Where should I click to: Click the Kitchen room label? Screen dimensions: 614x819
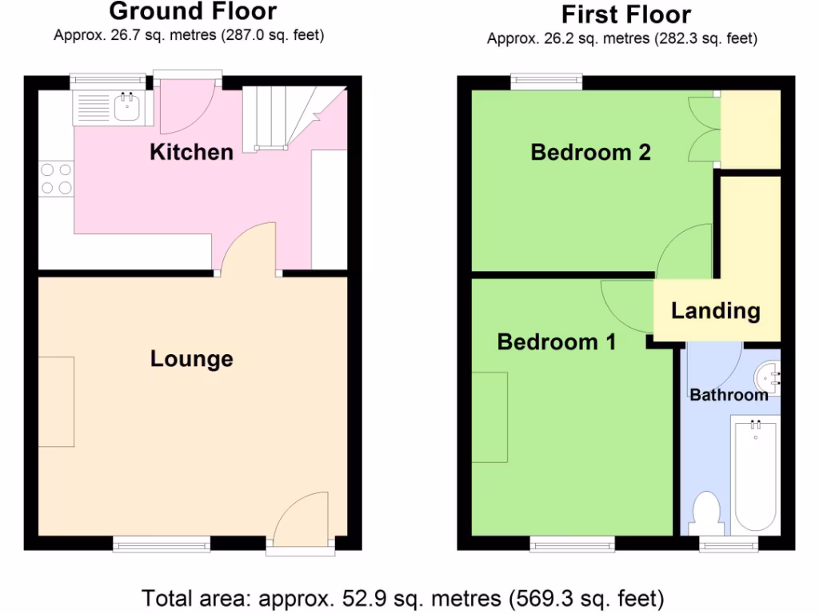coord(191,152)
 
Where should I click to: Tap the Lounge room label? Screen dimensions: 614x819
coord(191,360)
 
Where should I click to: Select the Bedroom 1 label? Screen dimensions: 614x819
coord(557,342)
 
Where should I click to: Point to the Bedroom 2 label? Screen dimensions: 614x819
coord(590,152)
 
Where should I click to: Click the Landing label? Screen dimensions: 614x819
coord(715,310)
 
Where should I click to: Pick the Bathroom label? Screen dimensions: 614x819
coord(729,395)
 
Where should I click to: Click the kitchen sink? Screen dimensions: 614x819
coord(126,106)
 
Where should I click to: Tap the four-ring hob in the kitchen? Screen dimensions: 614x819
coord(55,178)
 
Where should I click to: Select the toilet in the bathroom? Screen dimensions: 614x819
coord(705,512)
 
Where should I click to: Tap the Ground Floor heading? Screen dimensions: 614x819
coord(192,12)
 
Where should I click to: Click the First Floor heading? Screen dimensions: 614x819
coord(625,14)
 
